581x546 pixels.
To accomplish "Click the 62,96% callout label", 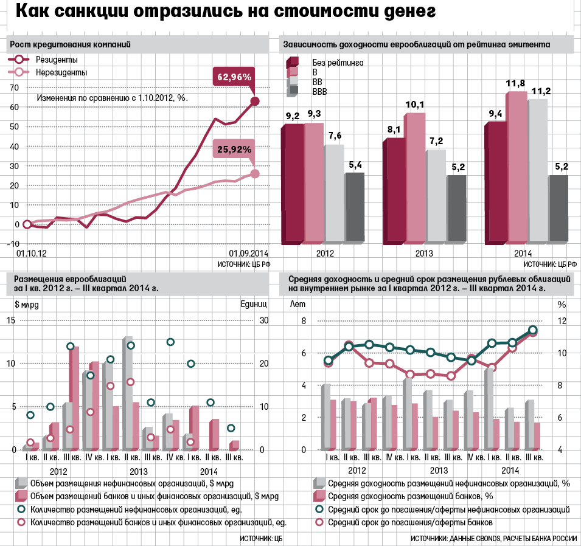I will (x=234, y=77).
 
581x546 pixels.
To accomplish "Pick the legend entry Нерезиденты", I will (x=57, y=72).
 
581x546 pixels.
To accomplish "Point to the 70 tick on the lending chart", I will (x=14, y=88).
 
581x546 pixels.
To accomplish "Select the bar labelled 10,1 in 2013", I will (x=416, y=176).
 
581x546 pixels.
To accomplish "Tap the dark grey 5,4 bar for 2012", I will (x=355, y=207).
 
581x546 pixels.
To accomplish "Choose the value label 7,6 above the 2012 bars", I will (x=333, y=136).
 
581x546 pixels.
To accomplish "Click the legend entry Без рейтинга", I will (x=338, y=62).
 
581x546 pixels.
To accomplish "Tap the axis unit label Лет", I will (x=297, y=303).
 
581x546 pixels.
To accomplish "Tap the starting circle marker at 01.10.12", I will (x=27, y=224).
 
